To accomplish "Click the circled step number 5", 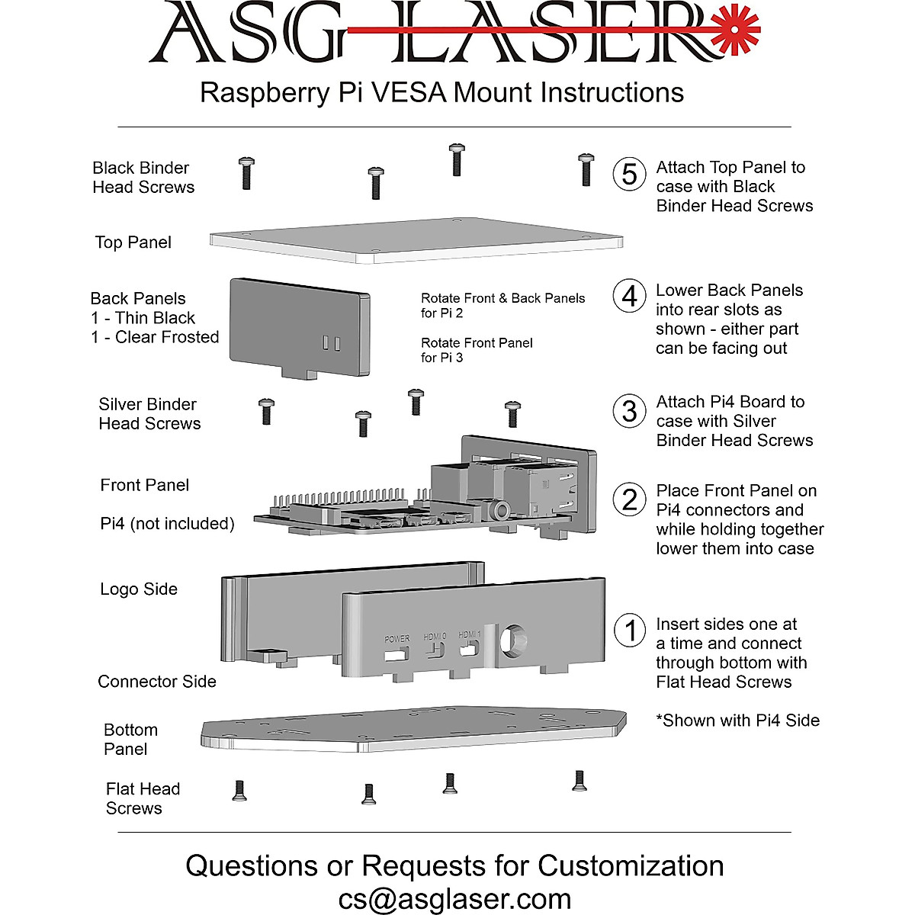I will pos(629,174).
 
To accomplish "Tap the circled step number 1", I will pos(630,631).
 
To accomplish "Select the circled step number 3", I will pos(629,412).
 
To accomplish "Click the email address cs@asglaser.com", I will pos(454,899).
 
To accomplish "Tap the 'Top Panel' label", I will pos(133,242).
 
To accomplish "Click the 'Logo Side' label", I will pos(139,589).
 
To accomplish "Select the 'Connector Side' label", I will pos(157,682).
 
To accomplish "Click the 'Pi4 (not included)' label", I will pos(167,524).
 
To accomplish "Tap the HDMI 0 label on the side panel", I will pos(435,636).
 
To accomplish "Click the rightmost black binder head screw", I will pos(585,169).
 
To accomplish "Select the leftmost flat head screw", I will pos(239,791).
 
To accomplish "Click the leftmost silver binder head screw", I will pos(266,411).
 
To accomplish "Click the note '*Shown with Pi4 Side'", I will pos(737,721).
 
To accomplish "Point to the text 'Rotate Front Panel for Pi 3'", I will pos(477,350).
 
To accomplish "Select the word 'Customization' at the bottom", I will pos(631,866).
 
